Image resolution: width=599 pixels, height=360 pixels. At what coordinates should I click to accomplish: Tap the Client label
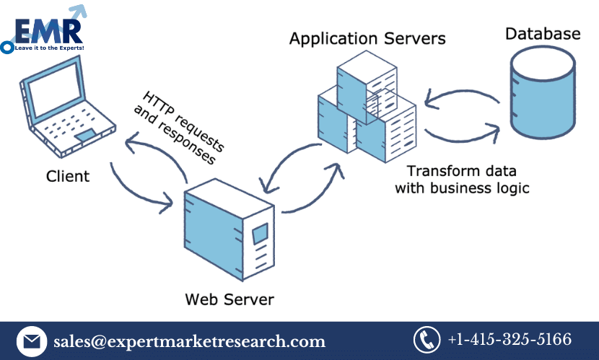pos(68,176)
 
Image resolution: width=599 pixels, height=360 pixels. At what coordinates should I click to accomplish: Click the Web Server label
pos(229,298)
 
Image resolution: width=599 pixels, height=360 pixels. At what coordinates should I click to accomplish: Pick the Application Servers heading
pos(367,38)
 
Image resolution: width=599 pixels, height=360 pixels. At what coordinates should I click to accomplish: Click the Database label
pos(542,33)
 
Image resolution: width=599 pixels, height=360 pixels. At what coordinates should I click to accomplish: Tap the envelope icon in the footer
pos(31,341)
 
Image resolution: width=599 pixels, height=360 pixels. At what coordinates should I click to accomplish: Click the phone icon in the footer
pos(426,340)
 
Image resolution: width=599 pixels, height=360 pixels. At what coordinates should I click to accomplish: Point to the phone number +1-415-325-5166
pos(510,340)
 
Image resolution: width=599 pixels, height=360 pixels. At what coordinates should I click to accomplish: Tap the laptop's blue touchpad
pos(85,136)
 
